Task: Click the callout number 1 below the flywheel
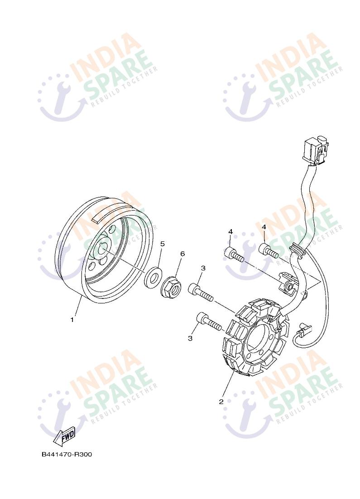point(72,320)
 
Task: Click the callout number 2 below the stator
point(221,401)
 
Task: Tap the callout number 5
point(162,244)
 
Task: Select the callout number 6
point(182,254)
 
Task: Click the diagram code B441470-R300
point(67,455)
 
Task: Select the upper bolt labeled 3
point(201,292)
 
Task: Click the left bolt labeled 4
point(234,254)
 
